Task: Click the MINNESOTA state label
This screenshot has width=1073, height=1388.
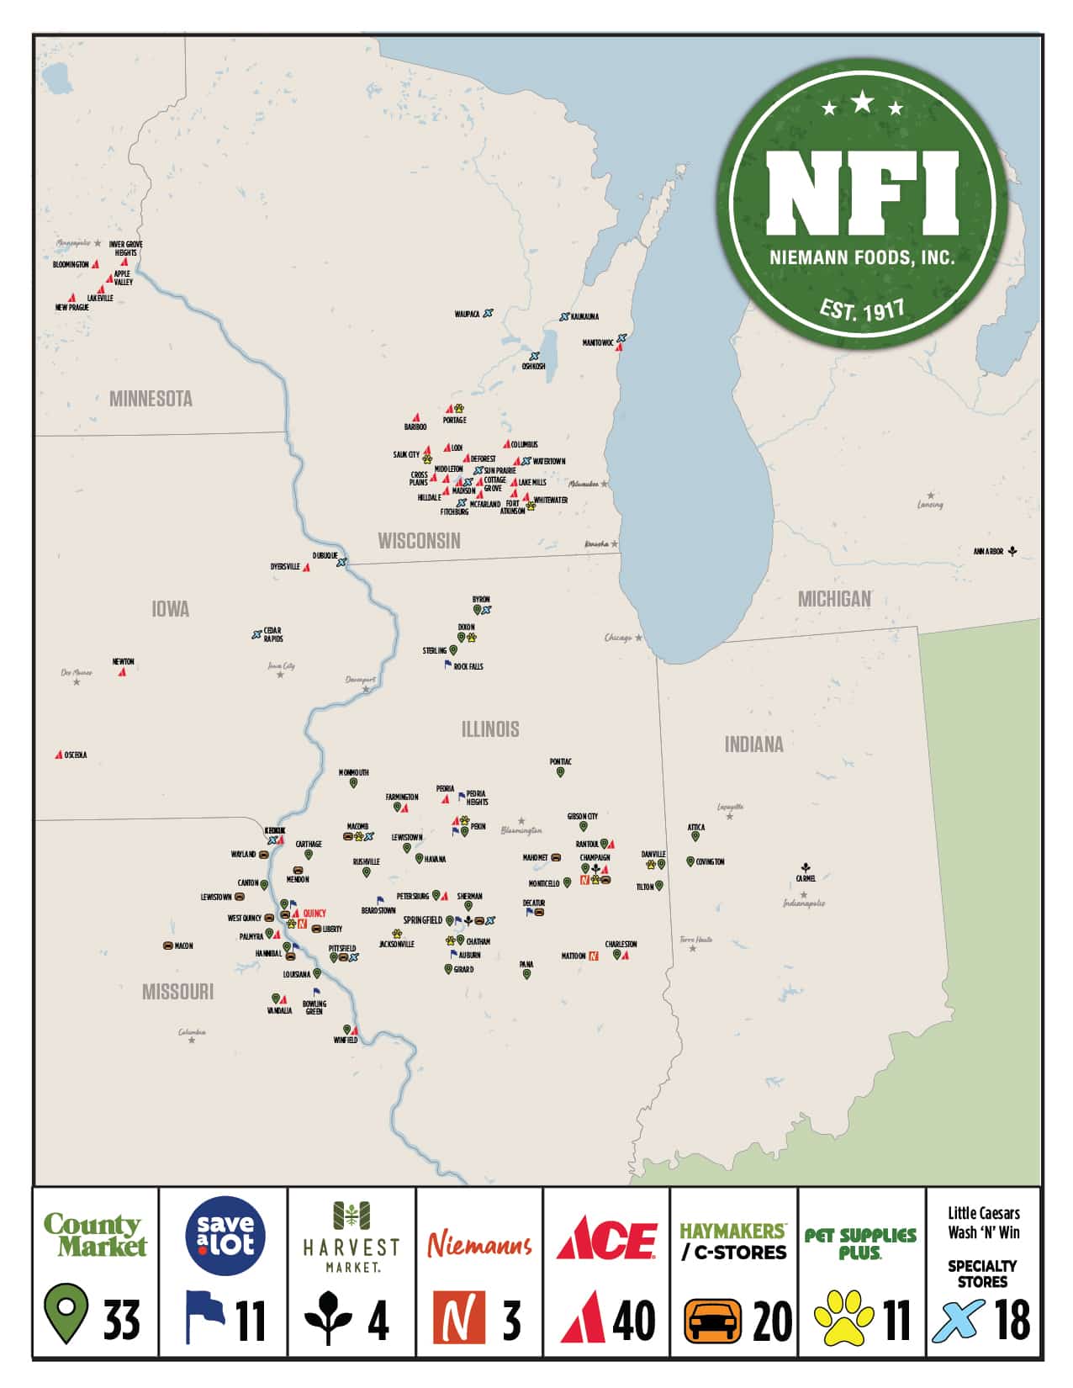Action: pos(151,399)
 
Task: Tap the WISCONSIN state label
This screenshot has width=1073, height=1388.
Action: pos(419,541)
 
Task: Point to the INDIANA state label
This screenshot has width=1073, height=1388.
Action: pos(753,744)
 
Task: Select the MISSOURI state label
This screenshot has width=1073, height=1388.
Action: pos(177,992)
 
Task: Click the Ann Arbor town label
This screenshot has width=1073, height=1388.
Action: pos(988,552)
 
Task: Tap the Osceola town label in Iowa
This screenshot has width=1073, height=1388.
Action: pos(76,755)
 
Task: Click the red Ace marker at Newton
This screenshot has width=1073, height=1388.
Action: pos(122,671)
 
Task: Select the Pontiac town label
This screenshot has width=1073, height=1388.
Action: pos(560,762)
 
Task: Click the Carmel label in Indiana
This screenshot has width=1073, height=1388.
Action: pos(806,878)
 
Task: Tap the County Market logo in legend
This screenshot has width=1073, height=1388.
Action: pos(95,1235)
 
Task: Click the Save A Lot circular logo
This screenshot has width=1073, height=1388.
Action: pos(225,1236)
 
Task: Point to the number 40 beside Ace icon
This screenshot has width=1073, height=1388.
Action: pos(634,1321)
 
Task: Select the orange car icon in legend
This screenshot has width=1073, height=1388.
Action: pos(712,1321)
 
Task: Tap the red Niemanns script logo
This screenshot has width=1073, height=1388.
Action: pos(479,1243)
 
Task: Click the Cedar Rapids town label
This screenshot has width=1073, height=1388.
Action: pos(272,634)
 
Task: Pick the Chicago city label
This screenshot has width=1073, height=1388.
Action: pos(618,638)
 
